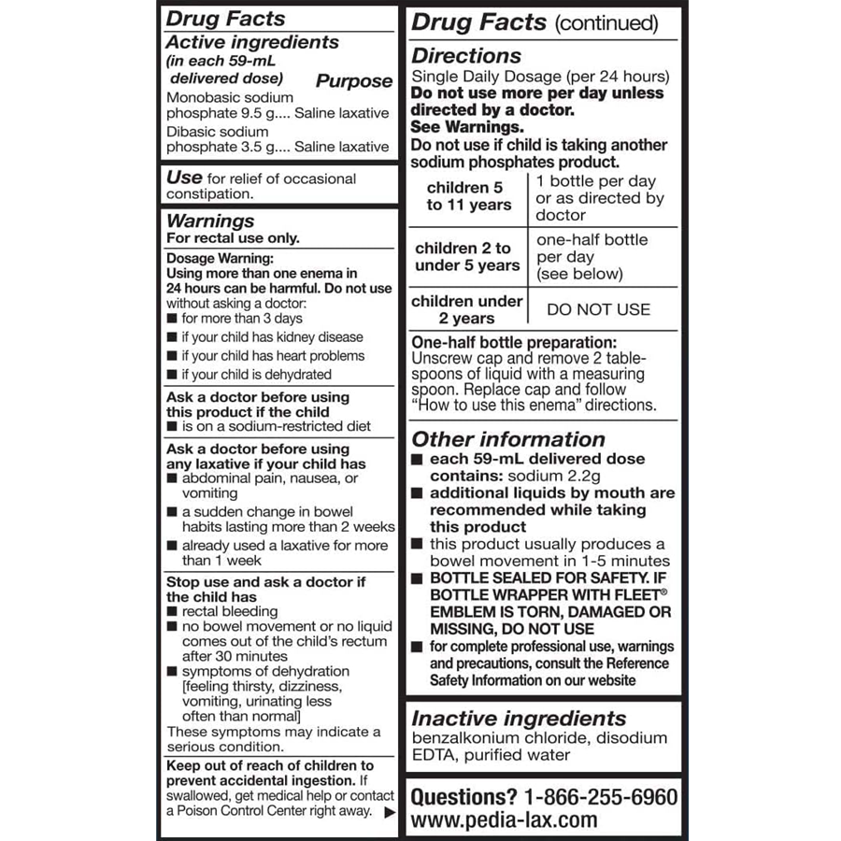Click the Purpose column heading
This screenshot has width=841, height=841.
point(353,81)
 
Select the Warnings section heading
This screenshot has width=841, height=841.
point(209,221)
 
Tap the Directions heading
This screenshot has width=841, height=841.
point(466,55)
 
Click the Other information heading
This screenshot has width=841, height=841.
point(508,439)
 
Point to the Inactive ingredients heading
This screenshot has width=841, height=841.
point(519,719)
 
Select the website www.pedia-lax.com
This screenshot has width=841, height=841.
point(504,820)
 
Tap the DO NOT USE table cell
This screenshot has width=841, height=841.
point(598,309)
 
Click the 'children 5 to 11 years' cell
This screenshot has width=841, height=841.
point(469,196)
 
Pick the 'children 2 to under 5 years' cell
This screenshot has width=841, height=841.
point(466,257)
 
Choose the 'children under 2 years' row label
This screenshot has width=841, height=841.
point(466,309)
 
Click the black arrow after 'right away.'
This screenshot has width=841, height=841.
point(390,812)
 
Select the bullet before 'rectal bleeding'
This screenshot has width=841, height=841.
point(173,611)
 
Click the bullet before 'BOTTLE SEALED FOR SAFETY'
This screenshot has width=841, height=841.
point(417,578)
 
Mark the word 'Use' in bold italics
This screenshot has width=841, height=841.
point(183,178)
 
